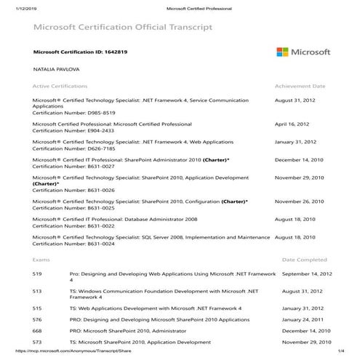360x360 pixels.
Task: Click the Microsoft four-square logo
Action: click(x=284, y=52)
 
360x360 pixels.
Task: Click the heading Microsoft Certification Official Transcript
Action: click(x=123, y=28)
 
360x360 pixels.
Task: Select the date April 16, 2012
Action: click(x=292, y=124)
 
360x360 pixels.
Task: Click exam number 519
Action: click(x=37, y=273)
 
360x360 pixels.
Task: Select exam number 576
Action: click(x=37, y=319)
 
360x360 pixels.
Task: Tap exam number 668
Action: click(x=37, y=330)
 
